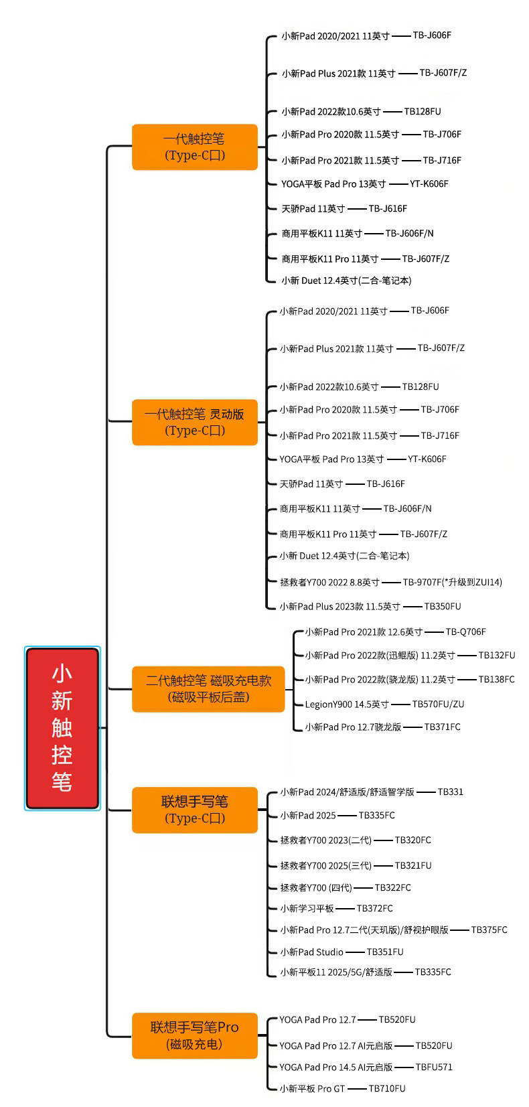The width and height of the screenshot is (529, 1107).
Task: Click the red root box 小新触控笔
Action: (62, 728)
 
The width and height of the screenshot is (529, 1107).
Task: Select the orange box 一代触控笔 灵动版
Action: (195, 422)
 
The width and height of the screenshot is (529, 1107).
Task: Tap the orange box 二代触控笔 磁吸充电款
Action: (208, 689)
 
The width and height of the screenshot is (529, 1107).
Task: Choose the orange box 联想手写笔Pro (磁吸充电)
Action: (195, 1035)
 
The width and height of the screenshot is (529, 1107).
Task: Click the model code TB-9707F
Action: (423, 582)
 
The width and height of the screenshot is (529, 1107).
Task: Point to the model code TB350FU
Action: (443, 606)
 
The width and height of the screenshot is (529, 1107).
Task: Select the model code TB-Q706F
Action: (466, 632)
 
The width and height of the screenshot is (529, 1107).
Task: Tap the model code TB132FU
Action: (497, 656)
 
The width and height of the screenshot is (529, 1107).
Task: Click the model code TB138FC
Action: (496, 680)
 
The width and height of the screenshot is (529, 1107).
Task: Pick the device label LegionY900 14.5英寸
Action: (347, 705)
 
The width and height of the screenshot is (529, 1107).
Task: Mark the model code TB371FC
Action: (442, 727)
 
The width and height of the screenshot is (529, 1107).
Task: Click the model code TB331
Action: (451, 792)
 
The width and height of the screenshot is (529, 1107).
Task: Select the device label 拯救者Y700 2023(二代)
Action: (326, 840)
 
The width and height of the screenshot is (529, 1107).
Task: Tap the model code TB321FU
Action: (413, 865)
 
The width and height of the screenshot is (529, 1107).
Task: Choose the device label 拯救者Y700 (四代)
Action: (316, 887)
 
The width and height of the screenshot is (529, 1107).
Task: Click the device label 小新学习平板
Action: (307, 908)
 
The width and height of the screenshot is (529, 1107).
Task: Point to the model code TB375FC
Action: (489, 930)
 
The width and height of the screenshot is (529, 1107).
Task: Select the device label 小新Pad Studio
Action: (311, 952)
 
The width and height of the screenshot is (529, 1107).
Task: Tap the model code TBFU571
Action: (434, 1067)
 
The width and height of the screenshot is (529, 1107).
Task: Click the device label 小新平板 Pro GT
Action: (312, 1088)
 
